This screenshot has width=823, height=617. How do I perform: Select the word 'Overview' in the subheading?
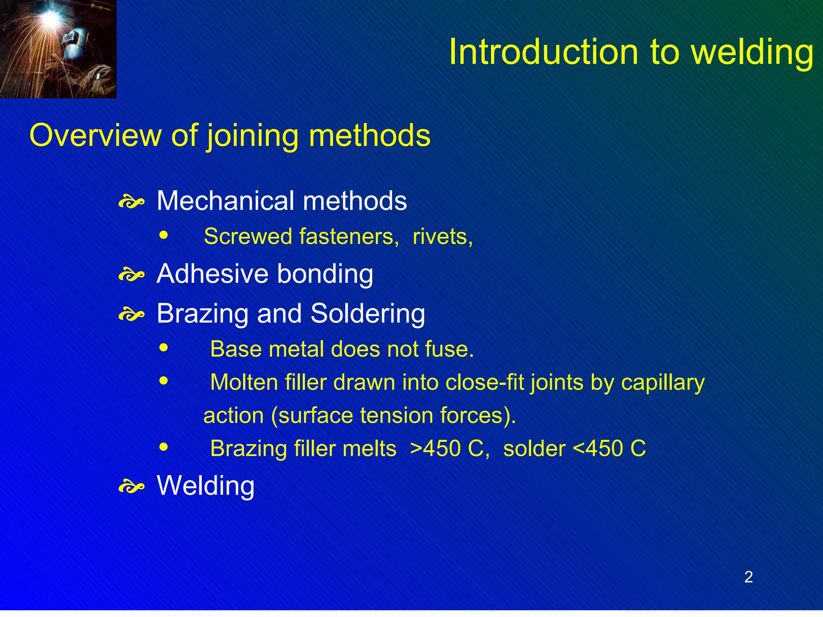tap(95, 135)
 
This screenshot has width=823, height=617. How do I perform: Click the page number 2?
tap(748, 577)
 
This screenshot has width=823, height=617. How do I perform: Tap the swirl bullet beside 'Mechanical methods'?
tap(131, 202)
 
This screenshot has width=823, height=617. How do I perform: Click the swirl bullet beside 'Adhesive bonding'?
tap(131, 276)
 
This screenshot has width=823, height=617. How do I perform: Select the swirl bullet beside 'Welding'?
tap(131, 487)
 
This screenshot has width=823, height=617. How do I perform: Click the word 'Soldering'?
tap(368, 314)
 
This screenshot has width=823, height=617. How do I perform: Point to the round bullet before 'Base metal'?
tap(163, 347)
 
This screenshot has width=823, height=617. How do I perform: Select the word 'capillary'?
tap(663, 382)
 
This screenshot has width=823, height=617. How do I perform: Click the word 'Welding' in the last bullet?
tap(205, 486)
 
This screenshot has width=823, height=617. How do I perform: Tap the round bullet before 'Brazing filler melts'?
tap(163, 447)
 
